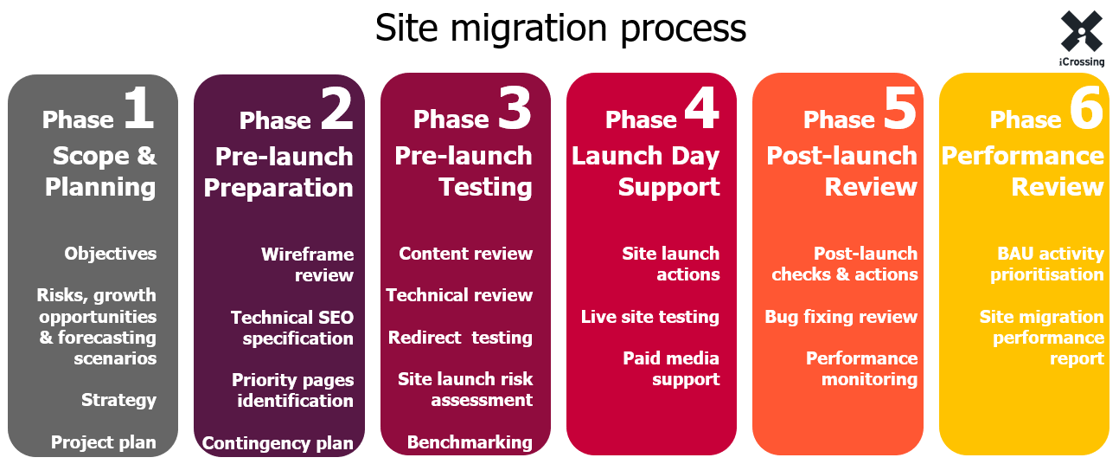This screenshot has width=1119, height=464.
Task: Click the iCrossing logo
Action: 1081,36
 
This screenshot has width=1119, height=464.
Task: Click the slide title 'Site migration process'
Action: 559,29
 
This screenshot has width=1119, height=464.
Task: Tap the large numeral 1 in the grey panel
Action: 137,109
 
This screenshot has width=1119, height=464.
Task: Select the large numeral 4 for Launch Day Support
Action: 701,109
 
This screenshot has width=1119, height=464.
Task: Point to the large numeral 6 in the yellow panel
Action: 1085,109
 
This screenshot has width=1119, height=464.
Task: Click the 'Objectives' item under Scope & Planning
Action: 110,254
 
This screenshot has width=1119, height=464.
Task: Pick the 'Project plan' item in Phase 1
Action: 103,442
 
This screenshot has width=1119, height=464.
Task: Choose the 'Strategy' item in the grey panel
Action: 118,400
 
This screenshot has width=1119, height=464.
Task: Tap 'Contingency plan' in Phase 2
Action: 278,443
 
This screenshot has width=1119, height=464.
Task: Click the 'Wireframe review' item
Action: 307,264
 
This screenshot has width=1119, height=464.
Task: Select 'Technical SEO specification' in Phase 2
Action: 292,327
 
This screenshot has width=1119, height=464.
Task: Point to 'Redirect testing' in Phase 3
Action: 460,338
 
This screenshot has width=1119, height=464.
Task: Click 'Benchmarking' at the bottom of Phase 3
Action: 470,442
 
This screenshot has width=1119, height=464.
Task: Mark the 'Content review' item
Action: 465,254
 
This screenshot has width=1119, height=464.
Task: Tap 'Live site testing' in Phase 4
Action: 649,317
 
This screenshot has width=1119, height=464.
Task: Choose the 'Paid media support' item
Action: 671,369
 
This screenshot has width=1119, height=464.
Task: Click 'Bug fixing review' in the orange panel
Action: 841,317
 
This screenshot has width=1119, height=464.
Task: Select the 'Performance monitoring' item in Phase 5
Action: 861,369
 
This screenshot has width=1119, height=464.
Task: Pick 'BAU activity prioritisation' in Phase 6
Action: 1046,264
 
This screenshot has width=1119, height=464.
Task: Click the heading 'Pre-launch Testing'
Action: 464,171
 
